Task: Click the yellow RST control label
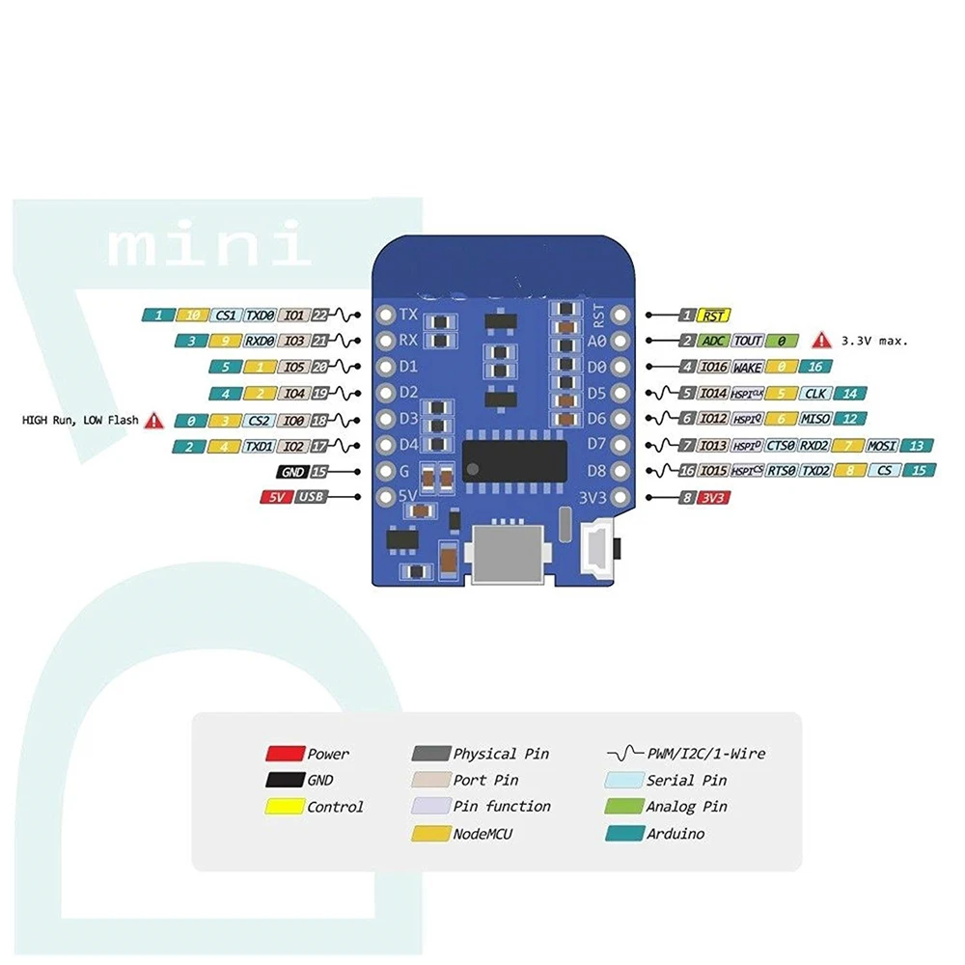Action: pos(714,316)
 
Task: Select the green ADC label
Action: pos(713,342)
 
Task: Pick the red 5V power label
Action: pos(276,497)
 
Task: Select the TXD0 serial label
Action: pos(260,316)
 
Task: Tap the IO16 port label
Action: pos(714,368)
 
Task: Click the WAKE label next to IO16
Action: pos(747,368)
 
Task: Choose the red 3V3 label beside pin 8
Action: pos(714,498)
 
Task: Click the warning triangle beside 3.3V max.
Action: pos(820,341)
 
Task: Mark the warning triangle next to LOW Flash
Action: pos(154,421)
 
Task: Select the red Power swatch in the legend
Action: pos(285,754)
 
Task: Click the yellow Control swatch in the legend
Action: pos(285,807)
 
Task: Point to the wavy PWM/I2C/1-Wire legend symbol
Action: pos(623,754)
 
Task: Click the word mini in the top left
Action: pos(209,247)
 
